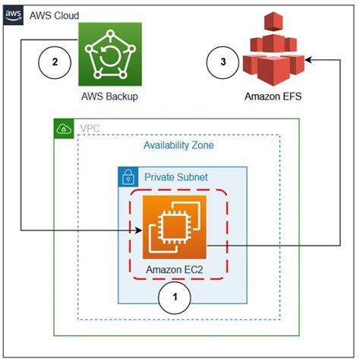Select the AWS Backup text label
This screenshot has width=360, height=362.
(111, 97)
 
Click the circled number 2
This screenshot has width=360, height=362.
(54, 62)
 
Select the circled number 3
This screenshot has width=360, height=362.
(223, 62)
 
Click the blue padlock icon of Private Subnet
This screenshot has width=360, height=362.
(128, 177)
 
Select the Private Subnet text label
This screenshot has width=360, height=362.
(176, 178)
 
